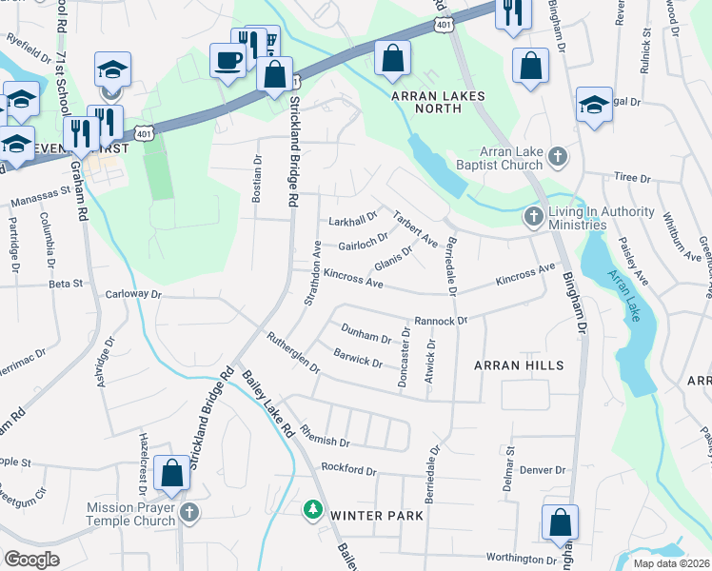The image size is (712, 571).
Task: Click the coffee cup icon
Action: [227, 60]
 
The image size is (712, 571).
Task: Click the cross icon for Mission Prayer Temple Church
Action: [188, 514]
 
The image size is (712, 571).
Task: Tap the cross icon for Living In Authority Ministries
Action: [533, 218]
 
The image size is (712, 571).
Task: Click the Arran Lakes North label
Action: [438, 102]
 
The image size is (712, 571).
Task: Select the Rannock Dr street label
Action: [440, 322]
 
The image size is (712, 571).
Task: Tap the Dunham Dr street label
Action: [366, 334]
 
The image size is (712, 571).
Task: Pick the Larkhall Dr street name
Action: [353, 220]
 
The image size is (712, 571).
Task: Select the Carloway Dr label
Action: [133, 294]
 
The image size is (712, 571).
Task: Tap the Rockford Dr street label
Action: [349, 469]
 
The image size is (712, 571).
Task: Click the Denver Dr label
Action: [543, 470]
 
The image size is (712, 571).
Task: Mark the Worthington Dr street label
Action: [520, 559]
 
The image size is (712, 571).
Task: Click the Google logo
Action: [31, 560]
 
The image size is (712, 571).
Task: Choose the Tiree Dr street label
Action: [631, 178]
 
